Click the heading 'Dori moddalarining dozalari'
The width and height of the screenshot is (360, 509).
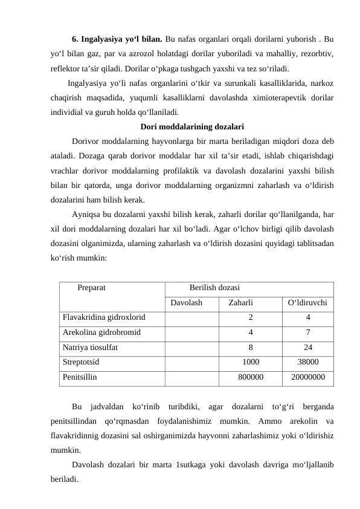192,127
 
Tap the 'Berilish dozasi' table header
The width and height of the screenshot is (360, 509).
214,288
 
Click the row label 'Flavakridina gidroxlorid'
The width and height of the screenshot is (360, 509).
103,316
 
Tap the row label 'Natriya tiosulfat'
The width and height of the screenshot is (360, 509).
90,348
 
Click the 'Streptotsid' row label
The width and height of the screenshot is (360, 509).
81,363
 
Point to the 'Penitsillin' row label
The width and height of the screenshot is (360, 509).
79,378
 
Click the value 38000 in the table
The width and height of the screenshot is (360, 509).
308,363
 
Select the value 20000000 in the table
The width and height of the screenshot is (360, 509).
308,378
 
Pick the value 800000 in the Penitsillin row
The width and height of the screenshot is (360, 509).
251,378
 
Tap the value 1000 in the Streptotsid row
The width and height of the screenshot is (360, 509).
251,363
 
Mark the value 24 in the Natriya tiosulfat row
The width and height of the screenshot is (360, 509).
308,348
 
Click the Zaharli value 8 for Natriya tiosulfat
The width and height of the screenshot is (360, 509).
251,348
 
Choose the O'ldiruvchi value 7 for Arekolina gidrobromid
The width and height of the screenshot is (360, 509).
308,332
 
